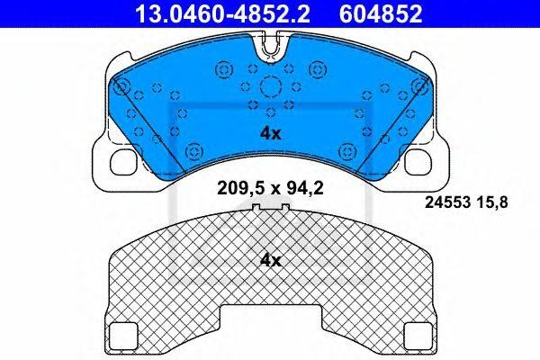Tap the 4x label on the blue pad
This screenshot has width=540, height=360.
pyautogui.click(x=270, y=132)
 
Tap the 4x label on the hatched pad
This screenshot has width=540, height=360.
pyautogui.click(x=270, y=261)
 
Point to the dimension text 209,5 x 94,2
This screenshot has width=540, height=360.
pyautogui.click(x=270, y=189)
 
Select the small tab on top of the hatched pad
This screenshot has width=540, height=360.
pyautogui.click(x=270, y=211)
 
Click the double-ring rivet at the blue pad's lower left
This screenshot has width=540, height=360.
pyautogui.click(x=194, y=149)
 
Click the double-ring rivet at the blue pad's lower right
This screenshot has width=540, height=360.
pyautogui.click(x=346, y=149)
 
